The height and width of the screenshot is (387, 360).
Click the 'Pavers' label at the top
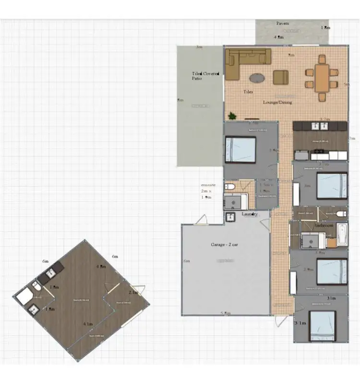tap(283, 23)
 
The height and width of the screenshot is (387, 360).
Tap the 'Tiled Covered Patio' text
tap(205, 76)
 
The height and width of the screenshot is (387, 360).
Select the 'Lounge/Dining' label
tap(277, 102)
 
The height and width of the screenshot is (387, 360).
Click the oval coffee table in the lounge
tap(257, 77)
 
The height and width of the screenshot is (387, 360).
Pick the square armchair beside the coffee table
tap(281, 77)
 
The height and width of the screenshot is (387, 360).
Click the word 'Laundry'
tap(250, 214)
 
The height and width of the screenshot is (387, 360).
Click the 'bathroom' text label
tap(324, 225)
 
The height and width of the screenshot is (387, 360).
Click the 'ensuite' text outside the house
tap(208, 184)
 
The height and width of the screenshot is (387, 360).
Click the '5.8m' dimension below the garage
tap(225, 313)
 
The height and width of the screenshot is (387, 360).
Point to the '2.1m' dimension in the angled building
tap(133, 292)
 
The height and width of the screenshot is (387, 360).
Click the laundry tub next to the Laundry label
tap(230, 217)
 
